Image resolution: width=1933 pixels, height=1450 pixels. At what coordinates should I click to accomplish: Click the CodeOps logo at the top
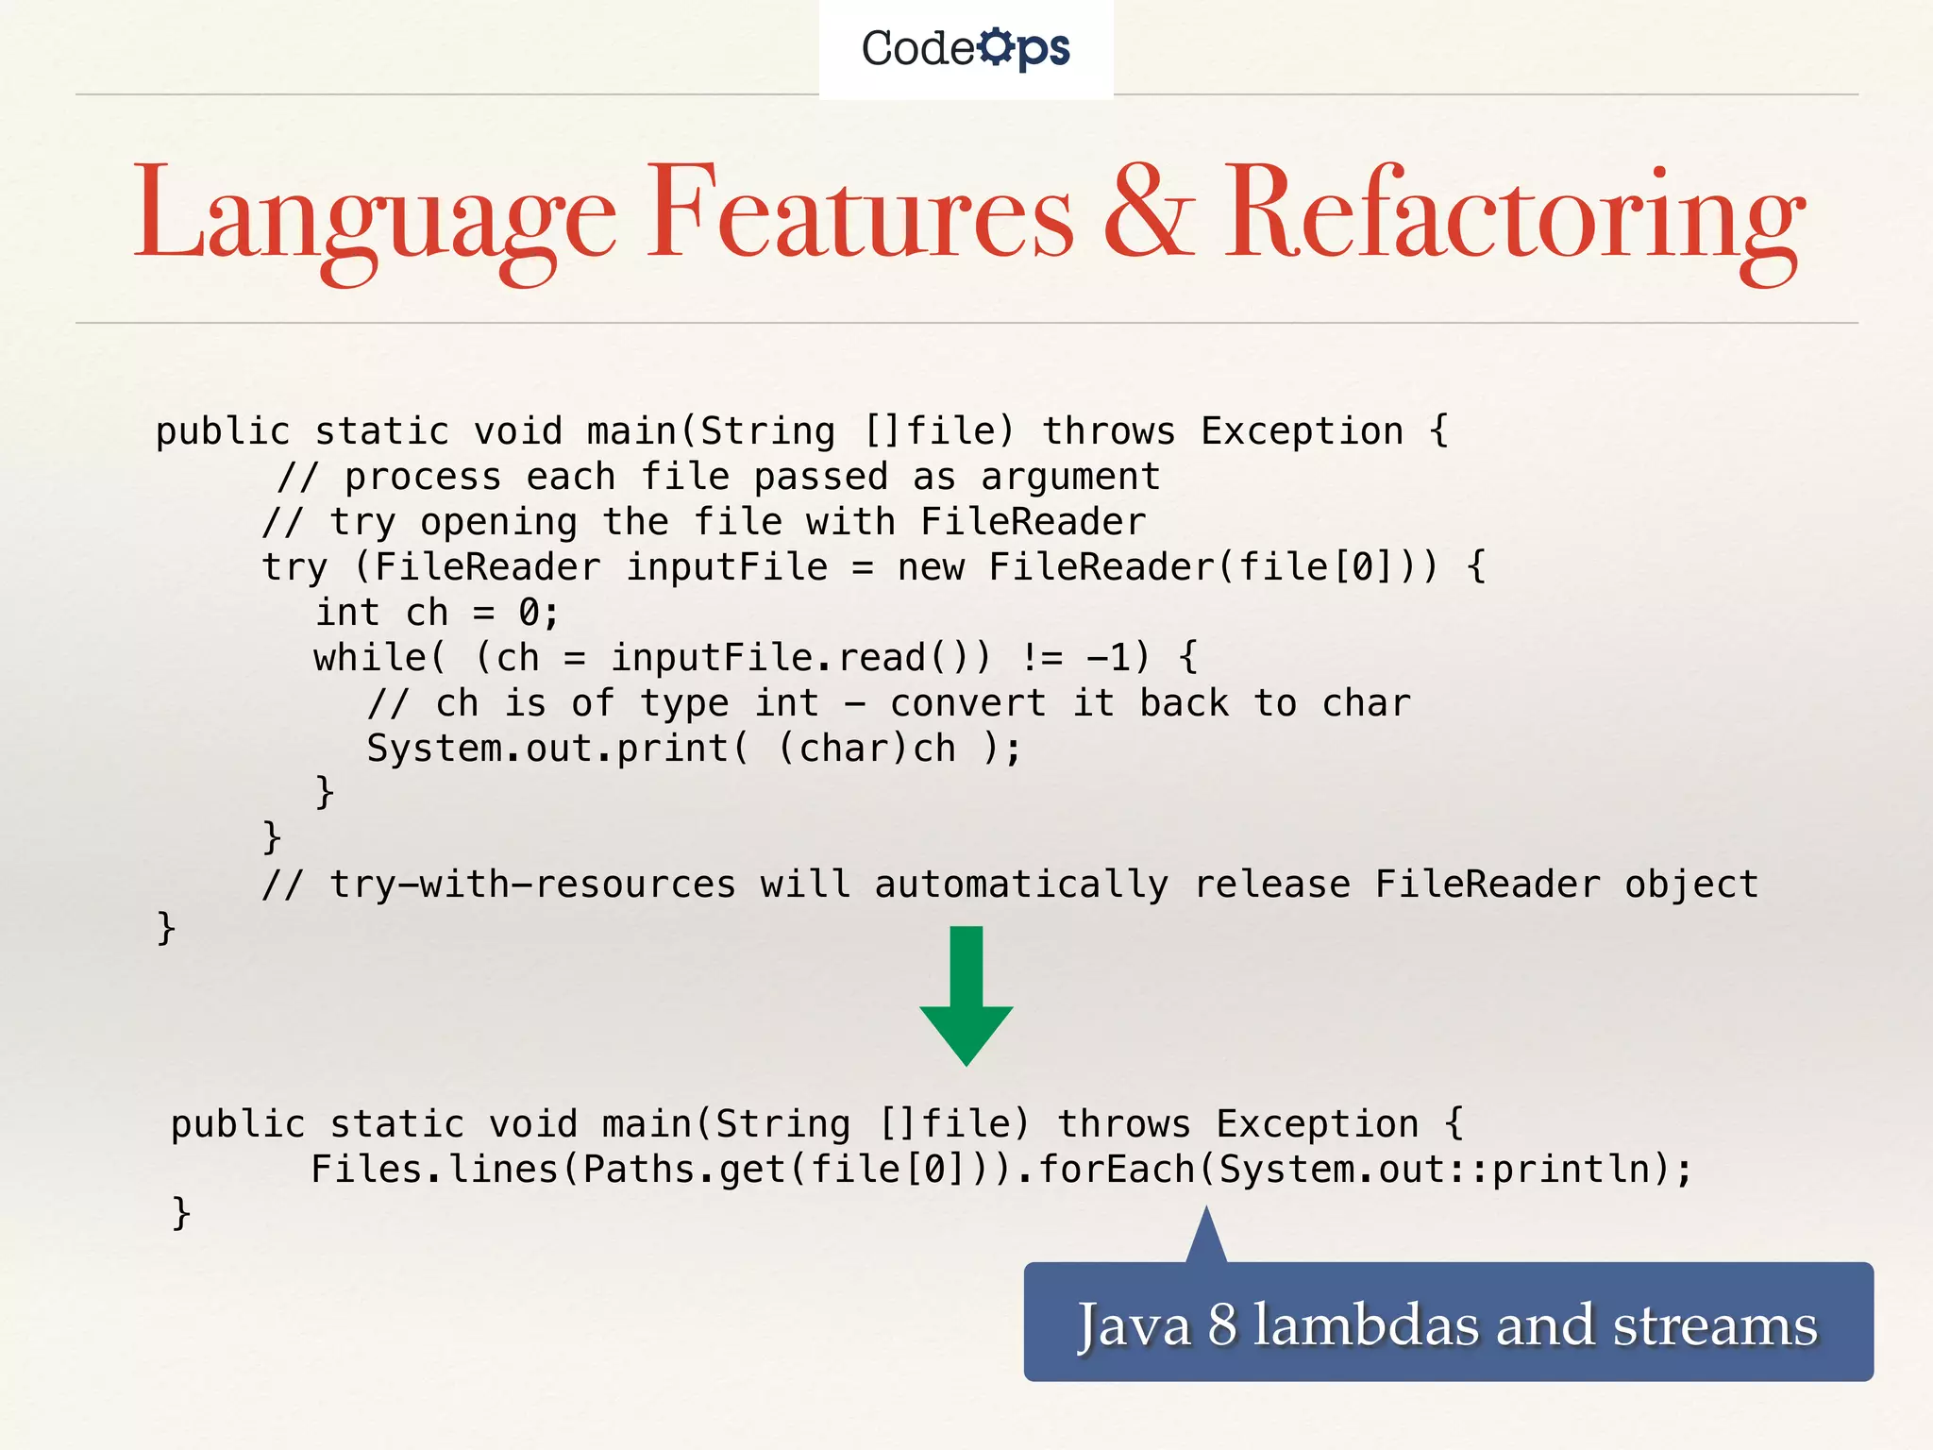point(966,48)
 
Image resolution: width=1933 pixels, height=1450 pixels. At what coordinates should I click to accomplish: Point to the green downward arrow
point(966,995)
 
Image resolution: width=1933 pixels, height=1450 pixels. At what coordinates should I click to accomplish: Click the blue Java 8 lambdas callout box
point(1448,1322)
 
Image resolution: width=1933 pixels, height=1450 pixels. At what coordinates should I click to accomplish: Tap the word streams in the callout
point(1714,1324)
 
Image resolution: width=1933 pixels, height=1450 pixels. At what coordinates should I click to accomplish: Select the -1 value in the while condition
point(1108,657)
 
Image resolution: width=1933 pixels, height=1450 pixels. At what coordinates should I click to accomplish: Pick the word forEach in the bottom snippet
point(1117,1170)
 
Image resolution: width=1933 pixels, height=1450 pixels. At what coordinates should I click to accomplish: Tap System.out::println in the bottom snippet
point(1445,1170)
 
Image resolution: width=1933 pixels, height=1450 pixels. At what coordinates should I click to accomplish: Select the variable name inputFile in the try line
point(727,567)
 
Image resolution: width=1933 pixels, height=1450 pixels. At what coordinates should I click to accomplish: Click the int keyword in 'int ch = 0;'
point(347,613)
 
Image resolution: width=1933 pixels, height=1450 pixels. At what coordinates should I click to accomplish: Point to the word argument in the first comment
point(1070,478)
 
